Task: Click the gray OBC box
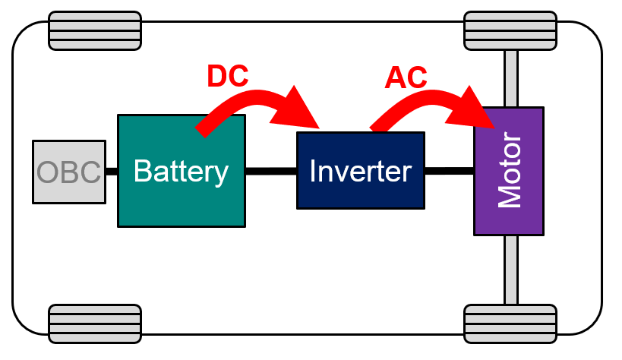click(x=68, y=172)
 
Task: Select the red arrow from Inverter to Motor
click(x=433, y=103)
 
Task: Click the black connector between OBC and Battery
click(x=112, y=172)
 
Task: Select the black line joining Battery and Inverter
click(x=270, y=171)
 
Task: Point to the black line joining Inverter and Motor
click(x=449, y=171)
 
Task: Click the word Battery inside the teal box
click(x=181, y=171)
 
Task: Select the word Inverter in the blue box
click(x=360, y=171)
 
